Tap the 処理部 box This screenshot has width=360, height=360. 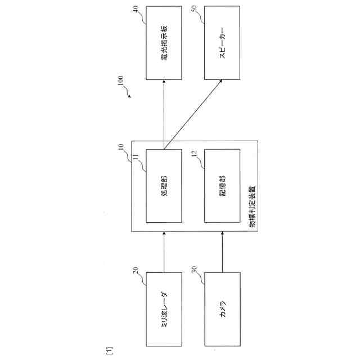point(164,186)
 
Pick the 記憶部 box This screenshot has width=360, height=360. point(223,186)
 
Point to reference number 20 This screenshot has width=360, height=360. point(136,270)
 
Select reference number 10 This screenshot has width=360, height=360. point(120,147)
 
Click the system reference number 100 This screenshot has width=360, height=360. point(120,82)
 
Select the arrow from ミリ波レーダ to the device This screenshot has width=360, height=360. point(164,251)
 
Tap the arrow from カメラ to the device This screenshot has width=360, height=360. point(223,251)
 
